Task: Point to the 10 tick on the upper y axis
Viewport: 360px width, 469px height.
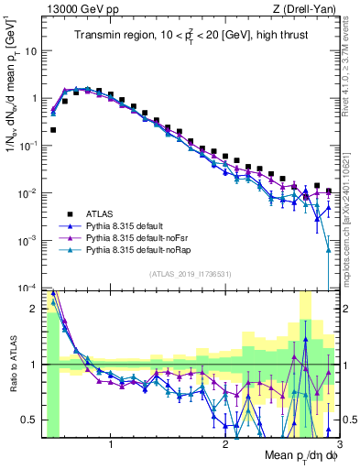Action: pyautogui.click(x=33, y=50)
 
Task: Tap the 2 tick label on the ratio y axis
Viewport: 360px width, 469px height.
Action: pyautogui.click(x=37, y=309)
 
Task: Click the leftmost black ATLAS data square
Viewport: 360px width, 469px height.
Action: pyautogui.click(x=53, y=130)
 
